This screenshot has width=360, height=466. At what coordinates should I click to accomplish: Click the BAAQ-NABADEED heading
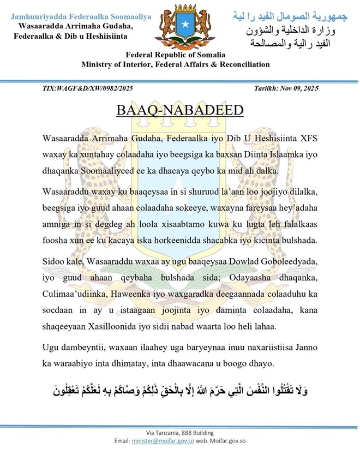[180, 111]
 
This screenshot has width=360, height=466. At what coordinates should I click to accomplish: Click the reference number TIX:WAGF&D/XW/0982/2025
[87, 88]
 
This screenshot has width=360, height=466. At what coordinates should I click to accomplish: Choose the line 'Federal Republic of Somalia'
[176, 55]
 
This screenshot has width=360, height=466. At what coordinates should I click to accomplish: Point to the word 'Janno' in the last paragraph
[303, 347]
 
